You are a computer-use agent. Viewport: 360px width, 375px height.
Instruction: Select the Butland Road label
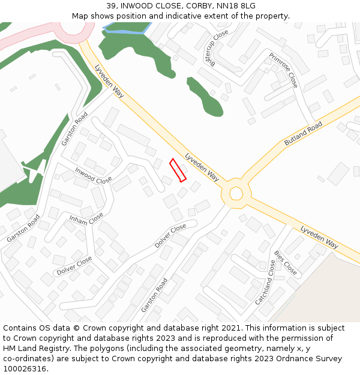[304, 134]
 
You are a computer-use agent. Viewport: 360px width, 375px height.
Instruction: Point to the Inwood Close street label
[94, 175]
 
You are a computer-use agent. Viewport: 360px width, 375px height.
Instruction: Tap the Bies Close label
[285, 262]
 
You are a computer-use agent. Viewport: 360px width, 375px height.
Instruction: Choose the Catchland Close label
[265, 283]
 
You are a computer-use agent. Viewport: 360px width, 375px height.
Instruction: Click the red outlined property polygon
[178, 170]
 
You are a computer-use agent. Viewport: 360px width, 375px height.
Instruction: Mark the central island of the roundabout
[236, 193]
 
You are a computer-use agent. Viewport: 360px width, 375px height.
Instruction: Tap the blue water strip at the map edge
[126, 29]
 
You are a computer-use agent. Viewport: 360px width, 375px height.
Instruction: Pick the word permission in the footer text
[291, 338]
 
